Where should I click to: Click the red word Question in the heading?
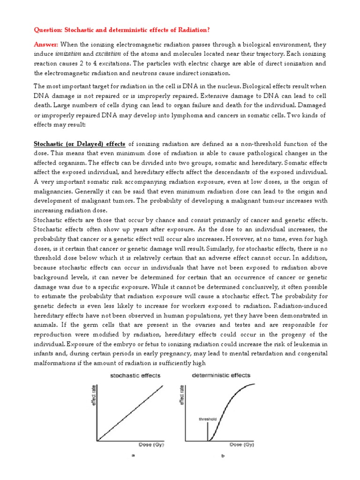(49, 30)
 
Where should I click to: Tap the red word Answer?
(46, 44)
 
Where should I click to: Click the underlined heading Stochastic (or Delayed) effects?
(79, 143)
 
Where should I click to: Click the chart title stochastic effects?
(135, 375)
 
